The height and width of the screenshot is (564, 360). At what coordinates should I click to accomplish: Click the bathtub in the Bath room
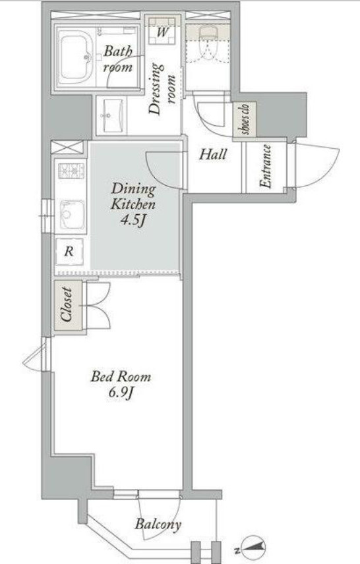(75, 57)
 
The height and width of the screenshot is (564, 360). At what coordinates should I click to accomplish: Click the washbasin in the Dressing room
(111, 115)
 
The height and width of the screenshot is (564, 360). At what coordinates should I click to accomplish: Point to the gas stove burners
(71, 171)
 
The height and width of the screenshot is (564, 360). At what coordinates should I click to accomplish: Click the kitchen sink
(73, 215)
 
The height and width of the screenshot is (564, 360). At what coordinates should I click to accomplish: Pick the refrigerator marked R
(69, 252)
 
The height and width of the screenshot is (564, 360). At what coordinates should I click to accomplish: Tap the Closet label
(67, 304)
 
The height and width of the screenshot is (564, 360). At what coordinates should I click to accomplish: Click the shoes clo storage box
(245, 120)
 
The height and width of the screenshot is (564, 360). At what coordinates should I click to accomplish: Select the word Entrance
(266, 166)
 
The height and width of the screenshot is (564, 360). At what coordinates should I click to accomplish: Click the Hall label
(213, 155)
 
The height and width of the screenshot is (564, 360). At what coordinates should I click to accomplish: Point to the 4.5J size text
(133, 220)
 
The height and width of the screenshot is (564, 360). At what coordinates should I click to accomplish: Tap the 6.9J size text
(121, 393)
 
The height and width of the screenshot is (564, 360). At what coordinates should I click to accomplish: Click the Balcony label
(158, 524)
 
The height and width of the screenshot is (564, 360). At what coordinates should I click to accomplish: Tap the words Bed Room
(121, 377)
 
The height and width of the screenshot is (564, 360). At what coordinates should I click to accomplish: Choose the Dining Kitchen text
(133, 196)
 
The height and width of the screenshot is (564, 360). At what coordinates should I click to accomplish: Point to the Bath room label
(118, 59)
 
